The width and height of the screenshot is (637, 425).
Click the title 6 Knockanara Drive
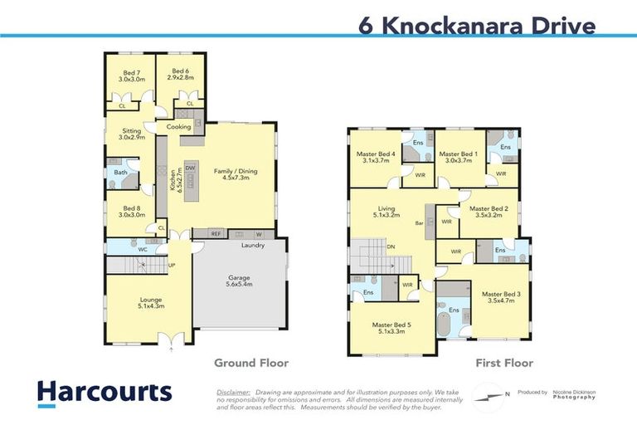click(x=476, y=26)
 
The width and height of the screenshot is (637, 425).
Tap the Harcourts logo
click(x=104, y=392)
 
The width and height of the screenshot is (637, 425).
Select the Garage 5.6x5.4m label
click(x=240, y=281)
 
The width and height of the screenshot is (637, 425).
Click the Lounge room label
click(x=127, y=303)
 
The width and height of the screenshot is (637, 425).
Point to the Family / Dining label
click(x=236, y=175)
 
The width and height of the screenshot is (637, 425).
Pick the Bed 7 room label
click(x=131, y=76)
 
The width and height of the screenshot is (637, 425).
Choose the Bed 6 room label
click(x=180, y=72)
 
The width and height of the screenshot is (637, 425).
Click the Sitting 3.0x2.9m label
click(x=131, y=134)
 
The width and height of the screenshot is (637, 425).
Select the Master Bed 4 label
click(x=376, y=158)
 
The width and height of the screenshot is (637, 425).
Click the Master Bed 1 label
click(x=458, y=158)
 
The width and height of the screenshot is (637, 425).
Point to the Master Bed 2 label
click(x=489, y=212)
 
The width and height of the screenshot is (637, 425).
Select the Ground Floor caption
click(x=251, y=363)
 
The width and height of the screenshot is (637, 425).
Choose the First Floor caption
click(x=503, y=363)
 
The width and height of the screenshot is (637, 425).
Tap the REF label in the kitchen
click(x=216, y=233)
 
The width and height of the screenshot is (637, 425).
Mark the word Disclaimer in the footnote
click(x=233, y=391)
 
